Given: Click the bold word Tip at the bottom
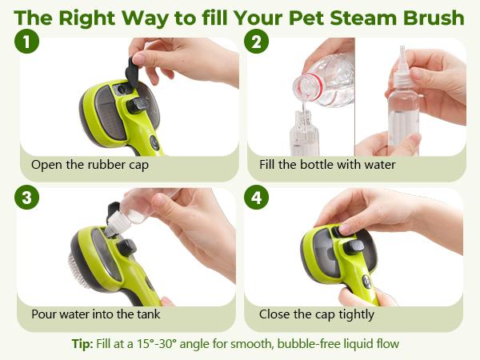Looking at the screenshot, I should pos(82,344).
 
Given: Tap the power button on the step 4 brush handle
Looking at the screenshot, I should pos(366,281).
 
